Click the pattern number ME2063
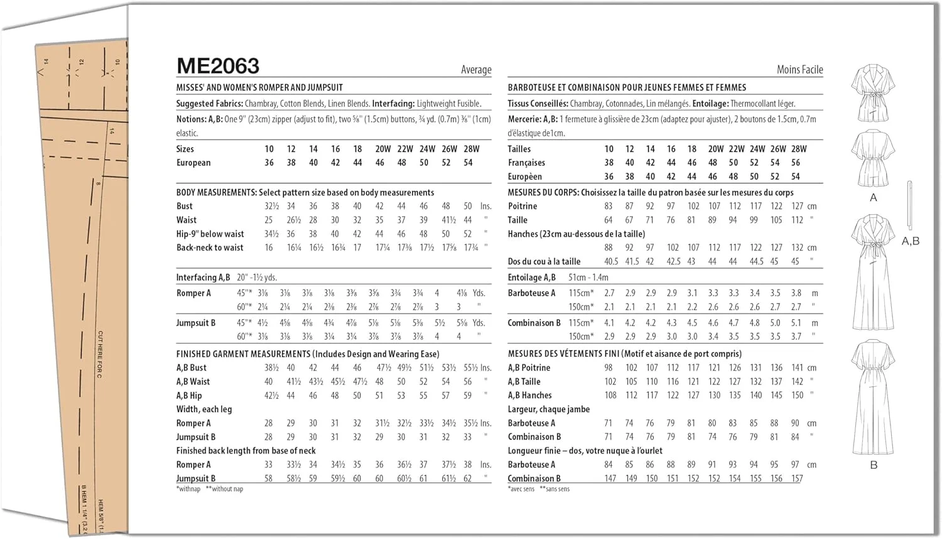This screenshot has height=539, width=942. (x=218, y=66)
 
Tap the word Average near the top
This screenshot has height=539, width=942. (x=476, y=70)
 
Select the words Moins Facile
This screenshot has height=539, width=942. (x=799, y=70)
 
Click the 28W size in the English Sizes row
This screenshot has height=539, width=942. (x=471, y=149)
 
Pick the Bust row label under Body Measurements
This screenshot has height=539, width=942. (x=185, y=206)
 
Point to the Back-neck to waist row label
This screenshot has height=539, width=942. (x=210, y=248)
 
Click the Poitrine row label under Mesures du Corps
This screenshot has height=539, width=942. (x=522, y=206)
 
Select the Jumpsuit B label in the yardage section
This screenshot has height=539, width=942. (x=196, y=323)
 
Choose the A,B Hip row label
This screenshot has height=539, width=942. (x=189, y=396)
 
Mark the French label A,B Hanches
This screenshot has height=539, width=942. (x=529, y=396)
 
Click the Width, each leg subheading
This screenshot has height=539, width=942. (x=204, y=409)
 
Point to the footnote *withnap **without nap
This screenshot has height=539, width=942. (x=210, y=489)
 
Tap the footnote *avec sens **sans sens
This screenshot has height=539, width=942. (x=538, y=489)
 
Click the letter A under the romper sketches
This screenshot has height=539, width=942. (x=873, y=198)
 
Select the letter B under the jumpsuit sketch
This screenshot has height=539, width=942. (x=874, y=465)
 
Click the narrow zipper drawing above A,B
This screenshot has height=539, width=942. (x=909, y=205)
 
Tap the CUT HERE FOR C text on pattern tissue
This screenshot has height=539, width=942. (x=100, y=354)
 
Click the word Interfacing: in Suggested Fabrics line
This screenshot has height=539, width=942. (x=393, y=104)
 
